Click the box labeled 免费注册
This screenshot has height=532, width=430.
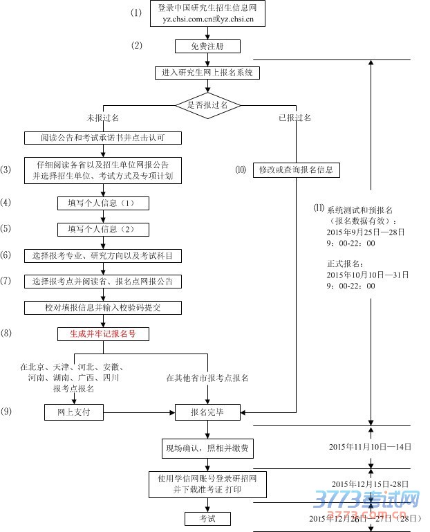click(207, 46)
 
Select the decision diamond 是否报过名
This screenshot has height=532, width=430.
click(207, 105)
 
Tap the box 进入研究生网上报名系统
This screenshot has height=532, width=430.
click(207, 73)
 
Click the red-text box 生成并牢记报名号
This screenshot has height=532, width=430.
click(103, 333)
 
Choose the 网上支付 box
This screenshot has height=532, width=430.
click(73, 412)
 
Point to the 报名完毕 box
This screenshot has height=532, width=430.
click(207, 412)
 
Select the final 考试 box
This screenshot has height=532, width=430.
click(207, 518)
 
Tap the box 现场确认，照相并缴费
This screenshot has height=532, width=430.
click(207, 448)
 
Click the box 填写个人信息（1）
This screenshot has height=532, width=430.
click(103, 203)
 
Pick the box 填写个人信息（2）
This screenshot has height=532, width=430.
click(103, 229)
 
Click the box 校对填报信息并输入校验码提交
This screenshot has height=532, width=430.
click(103, 307)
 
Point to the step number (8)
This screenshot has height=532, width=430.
click(7, 333)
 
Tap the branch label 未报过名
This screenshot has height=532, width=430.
click(103, 118)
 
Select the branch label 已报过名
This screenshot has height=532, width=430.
click(295, 118)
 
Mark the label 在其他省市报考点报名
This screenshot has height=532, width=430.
click(207, 378)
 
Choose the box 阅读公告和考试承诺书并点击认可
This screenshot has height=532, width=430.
click(103, 138)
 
